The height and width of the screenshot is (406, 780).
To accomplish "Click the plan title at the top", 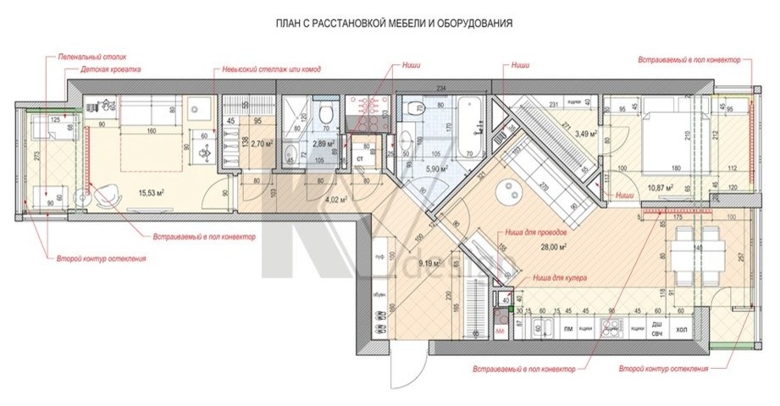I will pyautogui.click(x=394, y=23).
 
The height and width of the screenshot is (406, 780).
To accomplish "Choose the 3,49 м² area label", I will pyautogui.click(x=586, y=133).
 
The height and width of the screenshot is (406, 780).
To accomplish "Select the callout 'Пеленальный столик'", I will pyautogui.click(x=86, y=57).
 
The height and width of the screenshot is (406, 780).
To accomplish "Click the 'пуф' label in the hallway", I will pyautogui.click(x=379, y=254).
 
